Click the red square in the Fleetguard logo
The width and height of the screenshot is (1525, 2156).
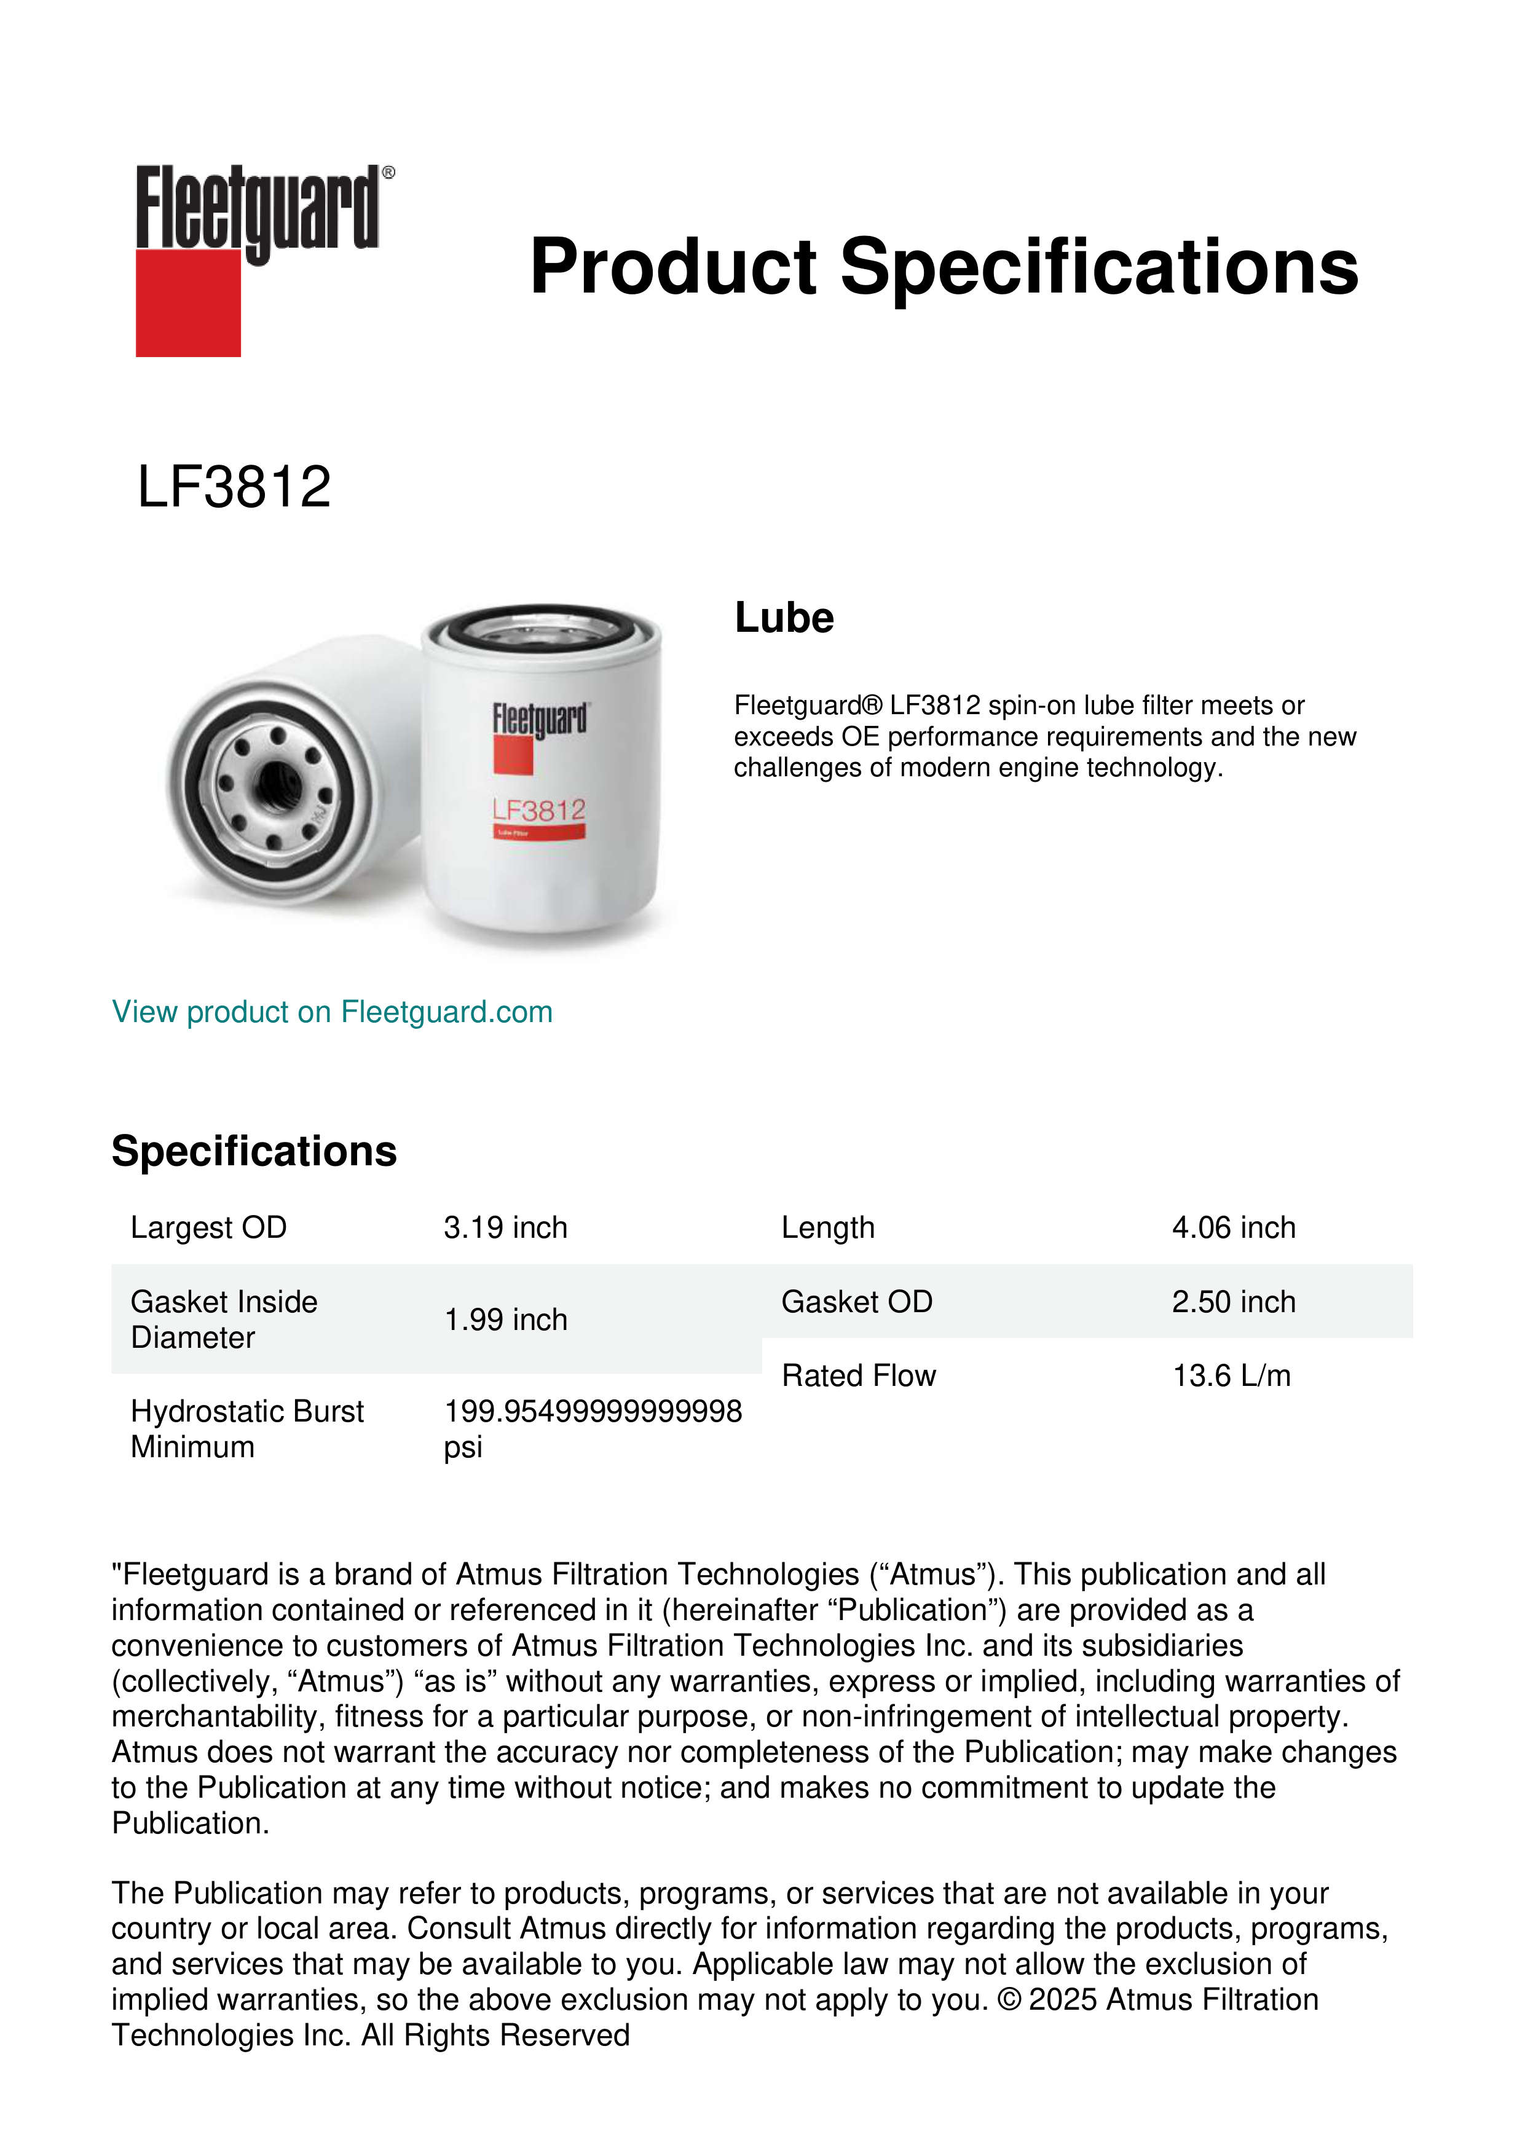(188, 302)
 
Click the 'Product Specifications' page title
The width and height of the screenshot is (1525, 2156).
(944, 267)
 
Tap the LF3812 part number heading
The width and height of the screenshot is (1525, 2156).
(234, 487)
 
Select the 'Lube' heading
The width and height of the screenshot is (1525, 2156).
(784, 618)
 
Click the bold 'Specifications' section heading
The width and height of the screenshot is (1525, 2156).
(253, 1151)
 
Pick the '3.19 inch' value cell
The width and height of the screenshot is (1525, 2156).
(505, 1227)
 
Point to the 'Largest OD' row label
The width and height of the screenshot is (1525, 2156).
(208, 1227)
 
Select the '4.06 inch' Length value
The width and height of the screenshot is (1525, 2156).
(1233, 1227)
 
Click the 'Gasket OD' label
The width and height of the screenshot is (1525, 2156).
(856, 1302)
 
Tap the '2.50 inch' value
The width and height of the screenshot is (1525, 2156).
(1233, 1302)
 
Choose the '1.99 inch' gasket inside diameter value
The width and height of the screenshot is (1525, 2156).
(505, 1320)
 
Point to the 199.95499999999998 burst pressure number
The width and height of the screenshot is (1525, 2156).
(593, 1411)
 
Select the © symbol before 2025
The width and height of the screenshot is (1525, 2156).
(1009, 2000)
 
